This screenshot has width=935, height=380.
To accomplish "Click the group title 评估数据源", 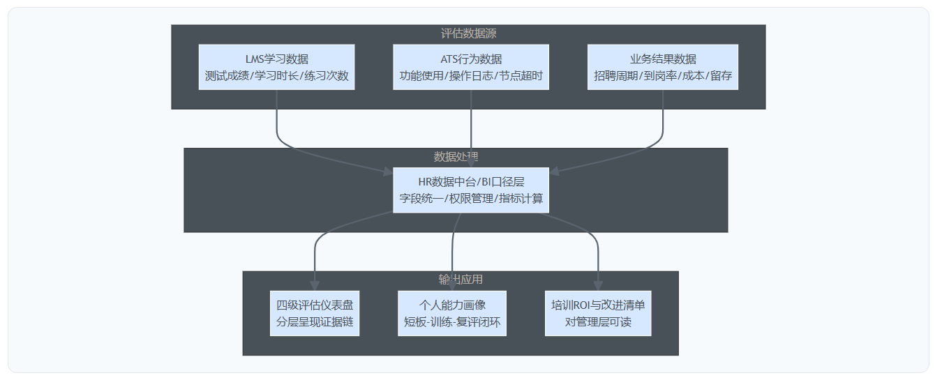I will (x=468, y=33).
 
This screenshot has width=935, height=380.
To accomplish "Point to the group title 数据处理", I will (x=456, y=156).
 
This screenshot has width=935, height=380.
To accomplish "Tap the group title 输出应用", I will (x=461, y=280).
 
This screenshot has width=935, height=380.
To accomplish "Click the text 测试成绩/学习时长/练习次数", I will (x=276, y=76).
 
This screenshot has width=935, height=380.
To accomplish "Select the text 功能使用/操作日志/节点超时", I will (x=471, y=76).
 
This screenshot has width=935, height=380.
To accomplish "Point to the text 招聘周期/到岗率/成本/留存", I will (x=662, y=76).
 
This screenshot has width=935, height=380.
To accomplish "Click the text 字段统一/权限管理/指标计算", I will (x=471, y=199).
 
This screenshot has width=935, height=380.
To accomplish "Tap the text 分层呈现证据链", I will (x=315, y=322).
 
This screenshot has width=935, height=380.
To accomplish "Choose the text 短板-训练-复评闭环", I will (x=452, y=322).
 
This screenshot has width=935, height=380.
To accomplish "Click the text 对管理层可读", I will (x=598, y=322).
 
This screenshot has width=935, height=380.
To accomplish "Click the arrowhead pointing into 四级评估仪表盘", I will (x=315, y=286).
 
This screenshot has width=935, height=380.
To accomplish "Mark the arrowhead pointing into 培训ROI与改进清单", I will (x=598, y=286).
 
